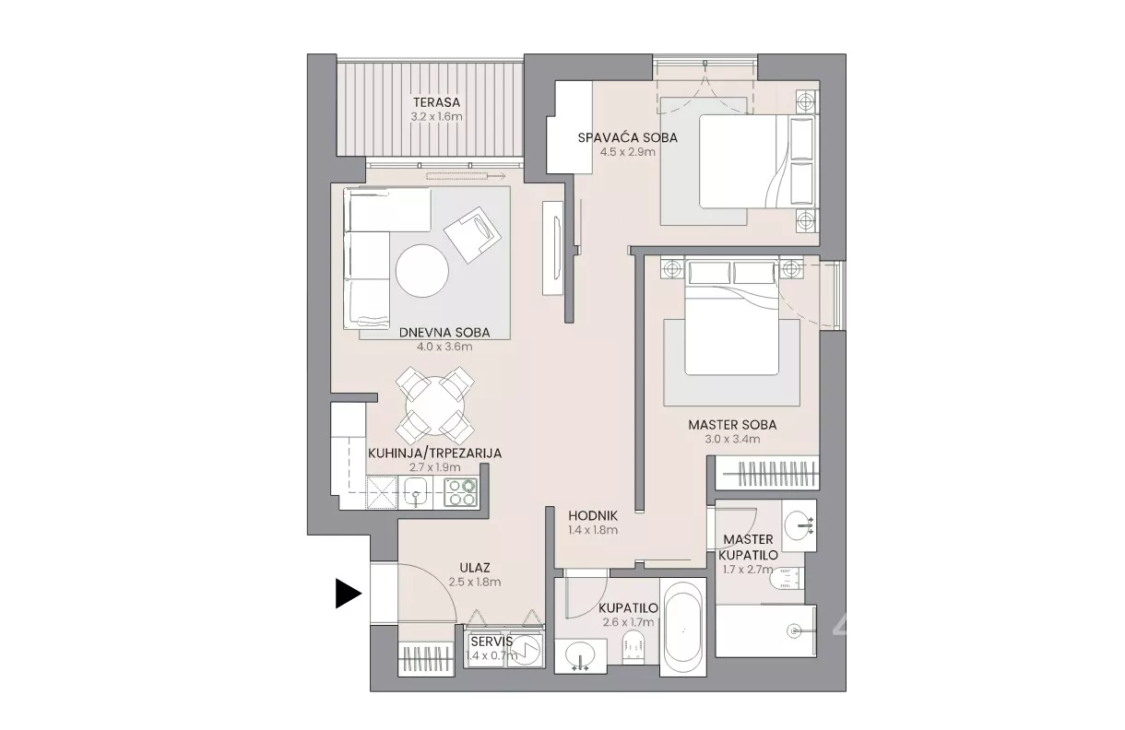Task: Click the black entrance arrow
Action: pyautogui.click(x=348, y=594)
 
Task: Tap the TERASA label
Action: pyautogui.click(x=436, y=102)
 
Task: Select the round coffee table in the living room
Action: pyautogui.click(x=422, y=271)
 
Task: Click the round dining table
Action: pyautogui.click(x=435, y=406)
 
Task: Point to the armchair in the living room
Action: pyautogui.click(x=473, y=234)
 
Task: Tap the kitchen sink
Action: pyautogui.click(x=416, y=492)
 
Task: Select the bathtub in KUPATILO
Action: pyautogui.click(x=683, y=627)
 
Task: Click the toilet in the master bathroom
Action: pyautogui.click(x=786, y=578)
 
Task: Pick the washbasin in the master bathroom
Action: pyautogui.click(x=799, y=524)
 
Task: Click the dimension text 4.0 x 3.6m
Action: pyautogui.click(x=444, y=347)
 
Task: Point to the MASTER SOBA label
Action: pyautogui.click(x=732, y=425)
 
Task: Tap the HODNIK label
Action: pyautogui.click(x=593, y=515)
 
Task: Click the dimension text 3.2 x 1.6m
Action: pyautogui.click(x=436, y=117)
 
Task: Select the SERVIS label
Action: pyautogui.click(x=491, y=642)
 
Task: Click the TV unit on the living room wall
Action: pyautogui.click(x=552, y=248)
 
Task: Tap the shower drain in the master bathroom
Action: pyautogui.click(x=794, y=630)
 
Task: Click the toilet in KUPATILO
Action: pyautogui.click(x=633, y=648)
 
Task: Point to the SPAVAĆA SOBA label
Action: pyautogui.click(x=628, y=137)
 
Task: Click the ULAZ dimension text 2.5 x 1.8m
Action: pyautogui.click(x=475, y=583)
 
